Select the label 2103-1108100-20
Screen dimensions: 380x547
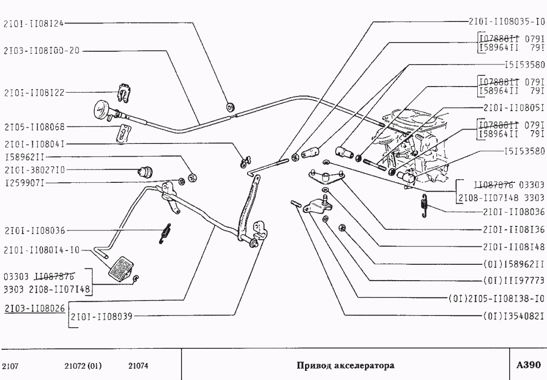[x=42, y=51]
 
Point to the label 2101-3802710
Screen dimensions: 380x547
[x=34, y=169]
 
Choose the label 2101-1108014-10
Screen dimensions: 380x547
[x=42, y=250]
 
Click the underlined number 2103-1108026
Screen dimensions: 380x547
[x=34, y=309]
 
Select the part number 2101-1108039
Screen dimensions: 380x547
[x=101, y=316]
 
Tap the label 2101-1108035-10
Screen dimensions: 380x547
[x=507, y=23]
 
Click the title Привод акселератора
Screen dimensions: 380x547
[x=346, y=366]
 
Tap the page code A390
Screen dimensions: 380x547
[x=528, y=365]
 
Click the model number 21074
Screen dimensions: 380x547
[x=138, y=366]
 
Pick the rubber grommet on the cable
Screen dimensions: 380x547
[x=230, y=107]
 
